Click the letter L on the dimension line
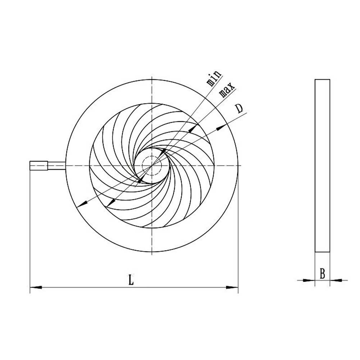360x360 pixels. (x=131, y=280)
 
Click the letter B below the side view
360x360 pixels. (x=322, y=274)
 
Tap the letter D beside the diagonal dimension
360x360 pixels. (x=239, y=109)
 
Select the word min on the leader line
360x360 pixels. (x=213, y=78)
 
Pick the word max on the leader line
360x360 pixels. (x=227, y=90)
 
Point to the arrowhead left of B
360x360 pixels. (x=310, y=280)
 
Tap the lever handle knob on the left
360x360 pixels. (x=39, y=165)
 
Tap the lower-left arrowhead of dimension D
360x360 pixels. (x=82, y=204)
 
